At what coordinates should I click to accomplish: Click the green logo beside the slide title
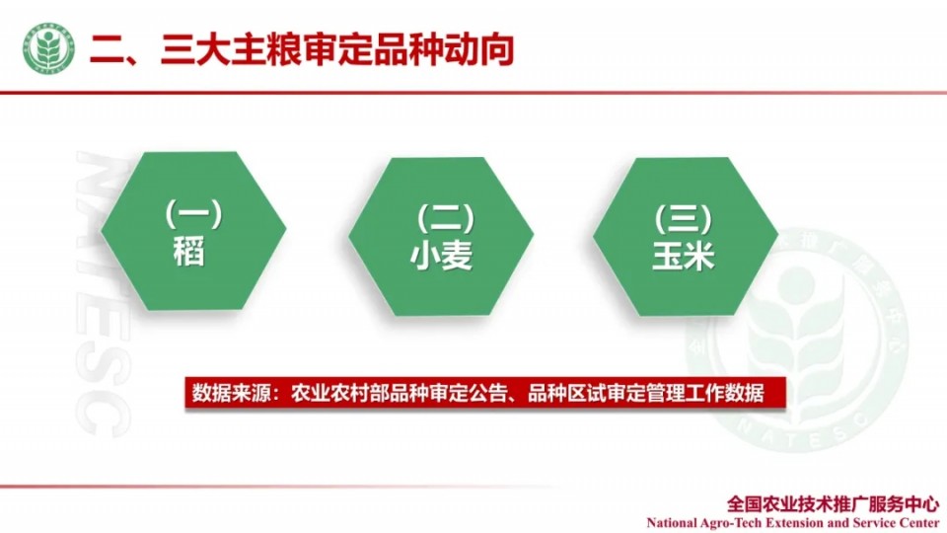point(49,49)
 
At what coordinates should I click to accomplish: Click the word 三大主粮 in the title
point(231,49)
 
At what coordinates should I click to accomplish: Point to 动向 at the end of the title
point(479,49)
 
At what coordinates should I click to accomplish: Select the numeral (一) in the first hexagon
point(194,214)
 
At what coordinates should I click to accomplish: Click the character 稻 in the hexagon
point(189,251)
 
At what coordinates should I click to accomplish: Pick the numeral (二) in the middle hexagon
point(446,218)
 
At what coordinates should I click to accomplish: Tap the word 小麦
point(442,256)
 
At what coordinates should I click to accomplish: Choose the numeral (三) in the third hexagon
point(684,218)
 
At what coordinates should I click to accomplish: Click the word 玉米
point(684,256)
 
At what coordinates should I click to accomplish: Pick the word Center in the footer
point(919,523)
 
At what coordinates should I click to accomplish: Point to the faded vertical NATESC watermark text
point(102,293)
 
